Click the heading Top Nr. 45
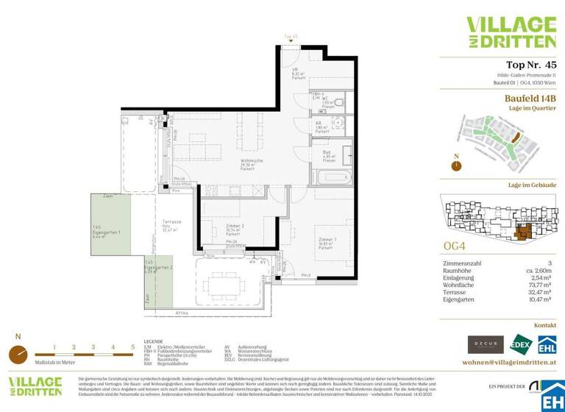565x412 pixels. pos(516,64)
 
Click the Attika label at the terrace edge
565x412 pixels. pos(180,313)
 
